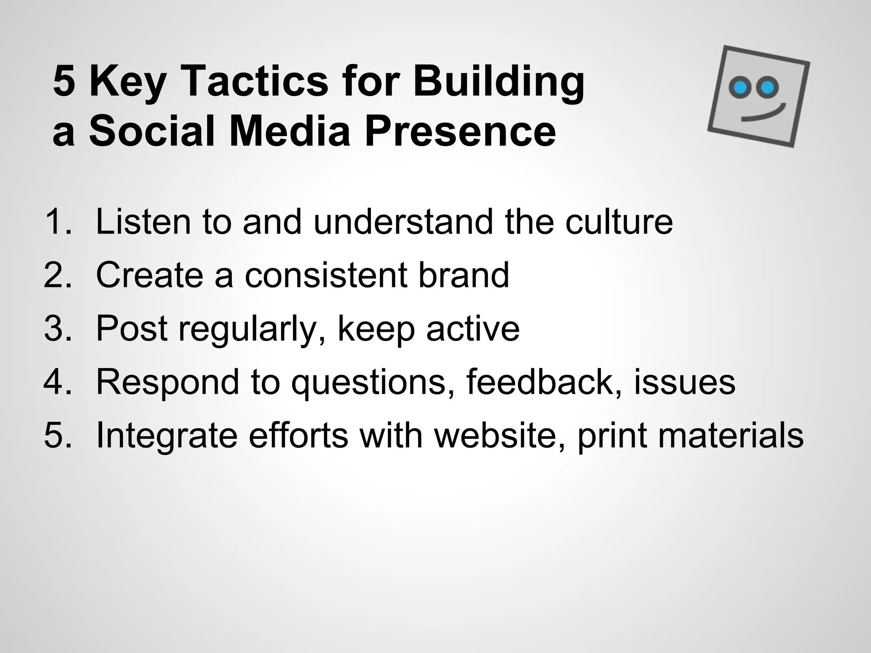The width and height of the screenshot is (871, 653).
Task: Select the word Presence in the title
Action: tap(460, 131)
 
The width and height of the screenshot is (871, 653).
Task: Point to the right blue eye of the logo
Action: tap(767, 88)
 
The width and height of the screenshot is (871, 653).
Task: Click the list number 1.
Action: tap(57, 221)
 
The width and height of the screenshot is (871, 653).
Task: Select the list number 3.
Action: tap(57, 329)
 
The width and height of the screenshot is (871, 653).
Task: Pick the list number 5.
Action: tap(57, 435)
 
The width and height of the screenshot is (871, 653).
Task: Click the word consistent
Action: tap(326, 275)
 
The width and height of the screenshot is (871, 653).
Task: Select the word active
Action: tap(473, 329)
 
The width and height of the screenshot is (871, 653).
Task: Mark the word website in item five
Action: tap(500, 435)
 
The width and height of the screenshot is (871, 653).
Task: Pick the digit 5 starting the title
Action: tap(64, 81)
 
